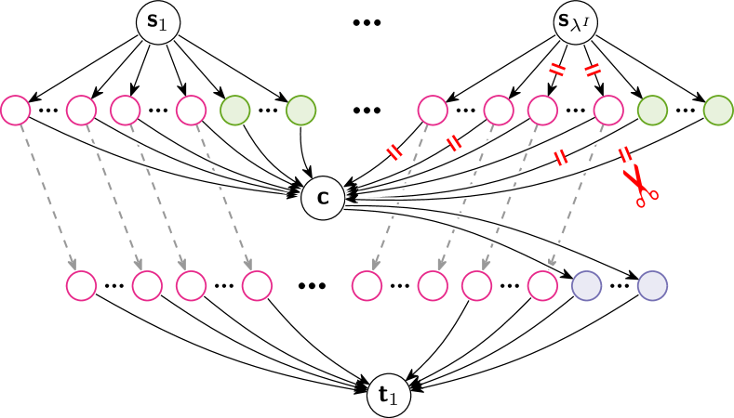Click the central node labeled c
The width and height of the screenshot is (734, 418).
coord(323,198)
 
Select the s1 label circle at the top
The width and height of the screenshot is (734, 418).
coord(158,22)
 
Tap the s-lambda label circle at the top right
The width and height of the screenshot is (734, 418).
coord(577,22)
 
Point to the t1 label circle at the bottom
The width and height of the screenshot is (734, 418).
coord(389,396)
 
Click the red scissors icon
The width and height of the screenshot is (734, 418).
coord(639,185)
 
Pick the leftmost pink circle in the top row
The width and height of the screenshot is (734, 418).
coord(15,110)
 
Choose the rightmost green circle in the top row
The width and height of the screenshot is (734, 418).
coord(718,110)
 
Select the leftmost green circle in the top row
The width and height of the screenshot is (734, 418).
coord(234,110)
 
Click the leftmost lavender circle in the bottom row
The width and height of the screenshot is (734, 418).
coord(586,285)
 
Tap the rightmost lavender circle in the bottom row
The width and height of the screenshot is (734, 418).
coord(652,285)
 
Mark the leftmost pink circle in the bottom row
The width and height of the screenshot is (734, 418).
coord(81,285)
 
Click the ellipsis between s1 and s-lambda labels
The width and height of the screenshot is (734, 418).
coord(367,22)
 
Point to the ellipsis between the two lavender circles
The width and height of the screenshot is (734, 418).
coord(619,285)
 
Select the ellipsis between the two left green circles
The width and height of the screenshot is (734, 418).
coord(268,110)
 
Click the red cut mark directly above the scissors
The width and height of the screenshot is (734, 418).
coord(625,154)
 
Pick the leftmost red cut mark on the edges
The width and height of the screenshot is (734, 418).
coord(394,152)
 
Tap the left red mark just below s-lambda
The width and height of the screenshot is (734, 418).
coord(556,69)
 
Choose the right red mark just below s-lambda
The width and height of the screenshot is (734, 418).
coord(593,70)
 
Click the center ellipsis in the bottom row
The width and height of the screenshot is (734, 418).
coord(312,285)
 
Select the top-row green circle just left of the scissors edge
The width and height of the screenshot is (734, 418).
coord(652,110)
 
